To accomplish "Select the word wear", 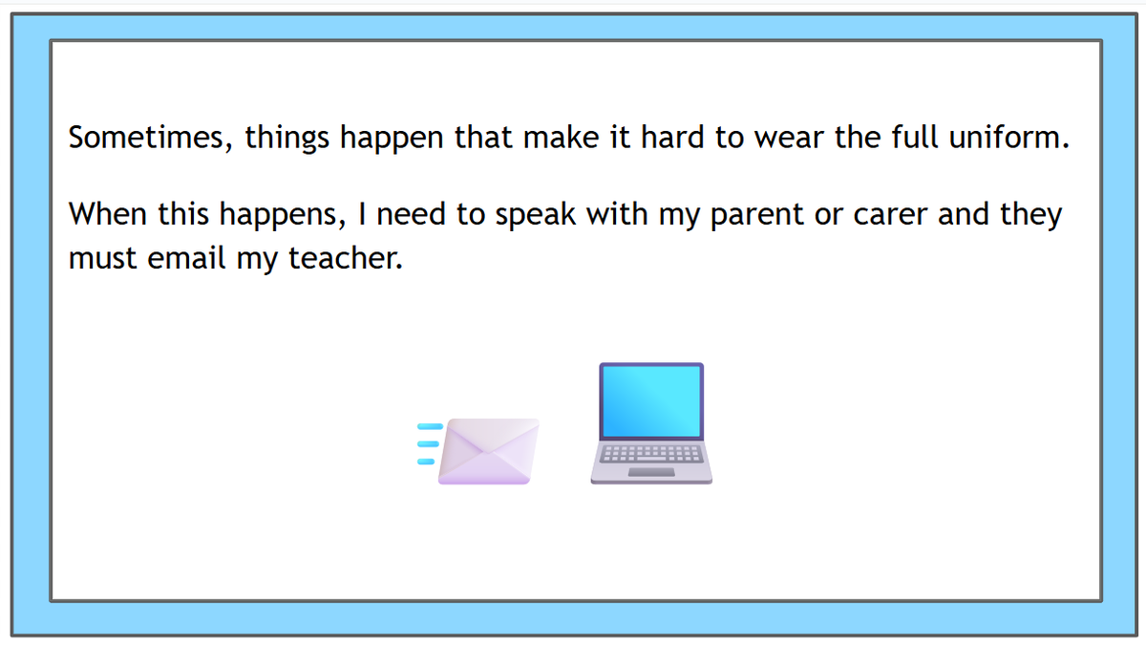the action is pos(790,139).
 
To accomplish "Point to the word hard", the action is pos(672,138).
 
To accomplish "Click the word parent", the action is pos(757,215).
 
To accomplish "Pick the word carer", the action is pos(890,215).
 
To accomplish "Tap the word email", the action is pos(186,258).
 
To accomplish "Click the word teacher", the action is pos(346,258).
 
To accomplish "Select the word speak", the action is pos(535,215).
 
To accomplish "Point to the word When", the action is pos(108,214).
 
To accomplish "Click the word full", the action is pos(915,138).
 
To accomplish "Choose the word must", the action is pos(102,259).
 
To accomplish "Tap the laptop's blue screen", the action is pos(651,401).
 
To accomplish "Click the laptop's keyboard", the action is pos(651,454).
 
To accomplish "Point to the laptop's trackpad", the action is pos(651,472).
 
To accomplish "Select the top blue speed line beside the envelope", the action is pos(431,426).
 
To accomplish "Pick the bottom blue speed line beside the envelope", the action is pos(426,462).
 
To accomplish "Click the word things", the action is pos(287,139).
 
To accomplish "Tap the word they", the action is pos(1030,215).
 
